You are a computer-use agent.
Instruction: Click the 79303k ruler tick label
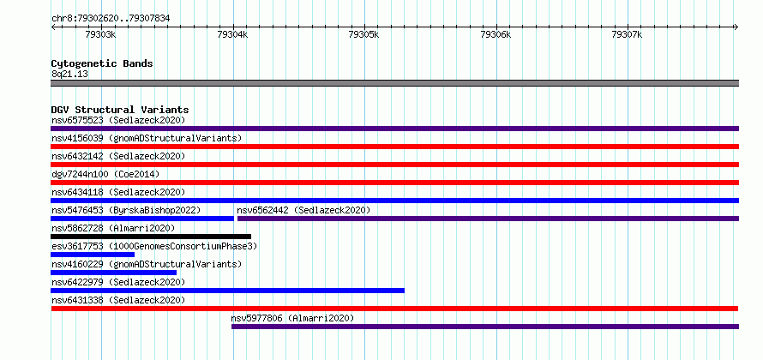coord(100,34)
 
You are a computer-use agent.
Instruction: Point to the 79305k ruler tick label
coord(364,34)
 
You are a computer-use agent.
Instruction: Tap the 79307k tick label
coord(627,34)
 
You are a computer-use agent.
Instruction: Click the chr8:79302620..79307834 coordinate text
coord(111,19)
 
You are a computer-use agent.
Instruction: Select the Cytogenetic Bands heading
coord(102,63)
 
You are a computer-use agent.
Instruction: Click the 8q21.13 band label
coord(69,75)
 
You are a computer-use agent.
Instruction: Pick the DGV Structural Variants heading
coord(120,110)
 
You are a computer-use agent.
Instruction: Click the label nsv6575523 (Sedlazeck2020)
coord(118,120)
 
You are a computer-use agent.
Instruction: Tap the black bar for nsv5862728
coord(151,237)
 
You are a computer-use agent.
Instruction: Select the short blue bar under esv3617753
coord(93,255)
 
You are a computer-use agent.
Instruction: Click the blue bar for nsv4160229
coord(113,273)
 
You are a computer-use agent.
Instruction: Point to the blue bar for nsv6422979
coord(227,291)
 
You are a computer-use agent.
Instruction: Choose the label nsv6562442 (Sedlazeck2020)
coord(303,210)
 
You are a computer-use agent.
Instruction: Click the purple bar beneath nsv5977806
coord(485,327)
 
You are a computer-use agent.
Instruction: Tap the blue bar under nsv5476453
coord(142,219)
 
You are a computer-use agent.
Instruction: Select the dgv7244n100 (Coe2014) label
coord(105,174)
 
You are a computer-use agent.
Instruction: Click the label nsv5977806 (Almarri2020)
coord(292,318)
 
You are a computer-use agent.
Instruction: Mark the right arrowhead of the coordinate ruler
coord(736,27)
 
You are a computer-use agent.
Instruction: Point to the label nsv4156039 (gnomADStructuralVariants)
coord(147,138)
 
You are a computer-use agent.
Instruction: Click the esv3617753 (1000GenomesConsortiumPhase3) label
coord(154,246)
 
